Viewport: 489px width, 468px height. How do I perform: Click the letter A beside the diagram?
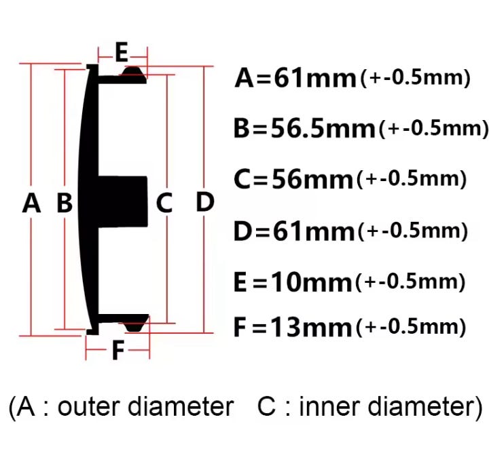(x=31, y=203)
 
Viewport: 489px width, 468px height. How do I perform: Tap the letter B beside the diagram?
(x=65, y=203)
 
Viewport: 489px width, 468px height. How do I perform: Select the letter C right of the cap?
(x=164, y=203)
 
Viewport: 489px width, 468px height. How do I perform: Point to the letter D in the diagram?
(x=205, y=201)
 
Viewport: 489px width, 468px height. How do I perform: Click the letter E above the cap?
(x=122, y=52)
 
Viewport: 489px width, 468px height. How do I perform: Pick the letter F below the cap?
(x=118, y=350)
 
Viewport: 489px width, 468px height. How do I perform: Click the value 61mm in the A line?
(x=315, y=78)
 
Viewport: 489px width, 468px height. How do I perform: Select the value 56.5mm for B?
(x=323, y=128)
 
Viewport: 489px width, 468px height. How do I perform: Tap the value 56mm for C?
(x=312, y=179)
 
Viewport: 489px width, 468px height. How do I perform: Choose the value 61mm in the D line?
(x=314, y=231)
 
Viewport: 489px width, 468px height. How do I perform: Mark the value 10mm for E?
(x=312, y=282)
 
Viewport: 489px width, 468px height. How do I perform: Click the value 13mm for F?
(x=312, y=327)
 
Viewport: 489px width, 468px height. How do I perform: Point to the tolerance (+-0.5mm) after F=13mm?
(x=411, y=327)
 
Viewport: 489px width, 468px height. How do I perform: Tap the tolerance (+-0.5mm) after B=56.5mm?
(x=433, y=128)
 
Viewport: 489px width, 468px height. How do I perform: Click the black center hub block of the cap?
(x=122, y=201)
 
